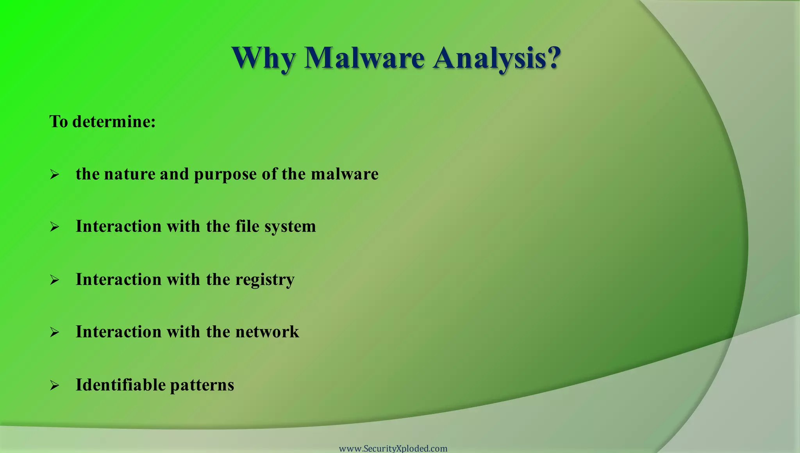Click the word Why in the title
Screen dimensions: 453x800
(x=264, y=59)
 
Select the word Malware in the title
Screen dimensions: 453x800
(x=364, y=58)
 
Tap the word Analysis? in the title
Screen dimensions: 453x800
(x=497, y=59)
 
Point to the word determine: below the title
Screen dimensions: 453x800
(x=114, y=121)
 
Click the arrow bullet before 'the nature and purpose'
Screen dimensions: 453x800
(x=54, y=174)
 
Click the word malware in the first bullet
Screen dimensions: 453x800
(x=345, y=174)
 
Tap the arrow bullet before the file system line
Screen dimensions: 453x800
(x=54, y=227)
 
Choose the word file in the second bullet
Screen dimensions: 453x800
(x=247, y=226)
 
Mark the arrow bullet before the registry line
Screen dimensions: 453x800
(x=54, y=280)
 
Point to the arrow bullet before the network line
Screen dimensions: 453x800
(x=54, y=332)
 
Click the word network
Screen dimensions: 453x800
(x=267, y=332)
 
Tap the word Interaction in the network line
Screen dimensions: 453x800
(x=118, y=332)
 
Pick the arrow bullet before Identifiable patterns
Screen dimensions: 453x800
(x=54, y=386)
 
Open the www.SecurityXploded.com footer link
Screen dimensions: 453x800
(x=393, y=448)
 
